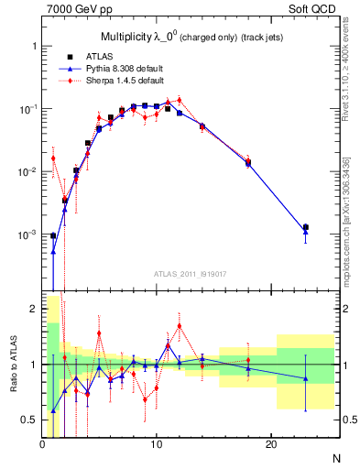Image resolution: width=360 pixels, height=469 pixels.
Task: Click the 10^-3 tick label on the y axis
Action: pyautogui.click(x=27, y=235)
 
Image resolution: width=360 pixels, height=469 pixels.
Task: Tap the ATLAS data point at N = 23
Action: pyautogui.click(x=306, y=227)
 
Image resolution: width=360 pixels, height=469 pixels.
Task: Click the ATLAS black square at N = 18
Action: pyautogui.click(x=248, y=162)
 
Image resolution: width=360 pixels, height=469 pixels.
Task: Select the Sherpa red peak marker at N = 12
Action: pyautogui.click(x=180, y=100)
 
